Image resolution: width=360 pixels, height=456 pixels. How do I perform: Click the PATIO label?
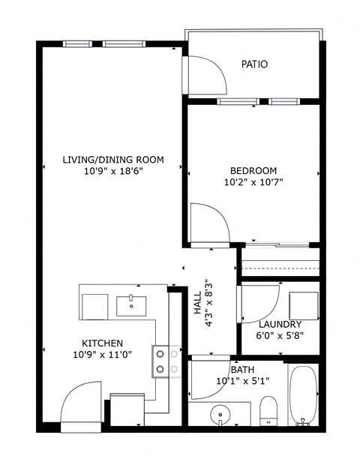pos(254,64)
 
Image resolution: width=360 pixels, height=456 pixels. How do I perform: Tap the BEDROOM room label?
pos(253,170)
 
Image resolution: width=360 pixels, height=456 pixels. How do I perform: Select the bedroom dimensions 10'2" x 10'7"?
pos(253,182)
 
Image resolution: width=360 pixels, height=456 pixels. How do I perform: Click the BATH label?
pos(242,370)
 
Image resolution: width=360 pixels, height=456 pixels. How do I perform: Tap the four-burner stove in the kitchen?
pos(166,360)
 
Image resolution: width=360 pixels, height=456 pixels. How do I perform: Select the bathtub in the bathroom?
pos(304,396)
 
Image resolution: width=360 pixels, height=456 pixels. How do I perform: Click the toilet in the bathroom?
pos(269,411)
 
